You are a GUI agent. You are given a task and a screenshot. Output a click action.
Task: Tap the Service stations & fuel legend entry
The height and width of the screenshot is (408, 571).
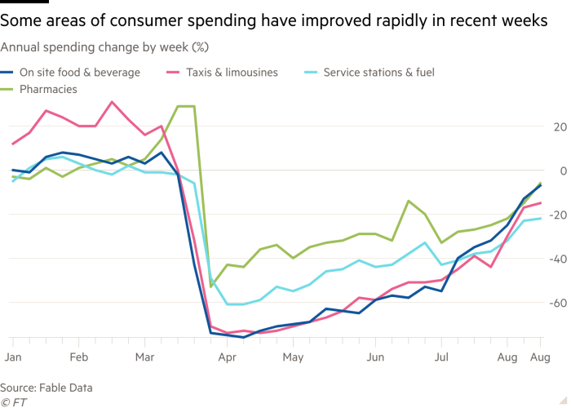pos(378,73)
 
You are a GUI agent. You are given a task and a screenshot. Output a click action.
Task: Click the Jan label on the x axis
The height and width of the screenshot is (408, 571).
pos(12,357)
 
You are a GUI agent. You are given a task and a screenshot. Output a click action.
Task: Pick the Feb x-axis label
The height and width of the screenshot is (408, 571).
pos(79,357)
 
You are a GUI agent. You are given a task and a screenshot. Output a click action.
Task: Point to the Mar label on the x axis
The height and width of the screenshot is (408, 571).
pos(144,357)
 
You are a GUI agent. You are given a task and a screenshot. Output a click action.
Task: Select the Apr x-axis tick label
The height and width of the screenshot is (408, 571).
pos(228,357)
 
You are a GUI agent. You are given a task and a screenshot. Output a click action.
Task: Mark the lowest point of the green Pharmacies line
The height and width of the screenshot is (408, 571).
pos(211,287)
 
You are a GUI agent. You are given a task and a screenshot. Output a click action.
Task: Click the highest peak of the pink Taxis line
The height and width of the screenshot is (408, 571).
pos(112,102)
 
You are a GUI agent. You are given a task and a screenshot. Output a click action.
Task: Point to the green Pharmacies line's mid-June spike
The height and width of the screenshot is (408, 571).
pos(409,201)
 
